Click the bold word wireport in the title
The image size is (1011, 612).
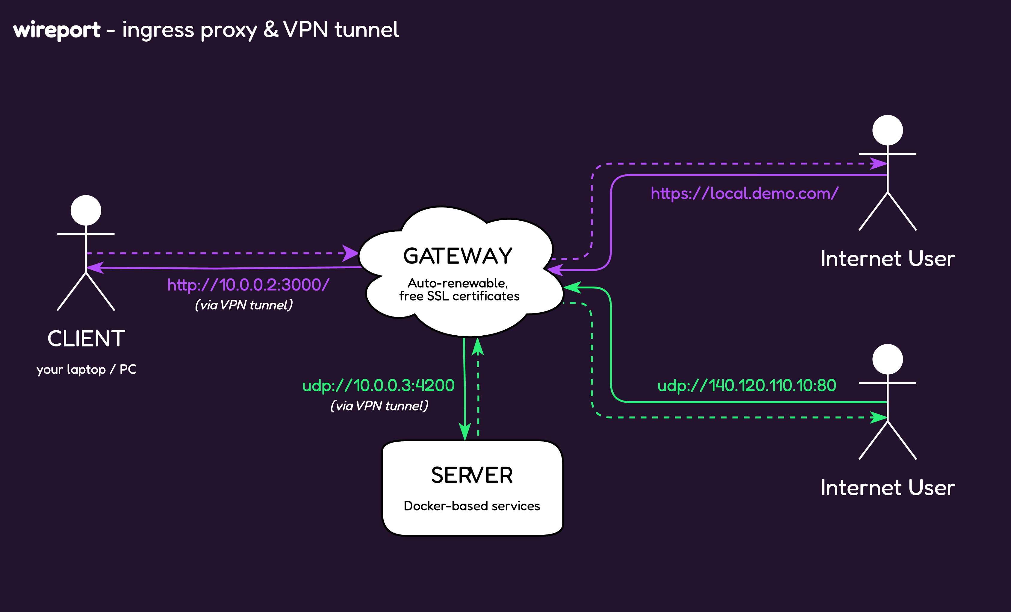pyautogui.click(x=57, y=30)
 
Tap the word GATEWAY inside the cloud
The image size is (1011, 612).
pyautogui.click(x=458, y=256)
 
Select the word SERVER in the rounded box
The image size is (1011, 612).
pyautogui.click(x=472, y=475)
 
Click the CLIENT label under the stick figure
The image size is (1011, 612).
pyautogui.click(x=86, y=339)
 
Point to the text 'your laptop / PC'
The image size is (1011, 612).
pyautogui.click(x=86, y=369)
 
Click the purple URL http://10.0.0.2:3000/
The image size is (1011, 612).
pyautogui.click(x=248, y=285)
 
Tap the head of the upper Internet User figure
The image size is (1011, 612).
pyautogui.click(x=888, y=130)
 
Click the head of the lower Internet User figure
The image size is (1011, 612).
pyautogui.click(x=888, y=359)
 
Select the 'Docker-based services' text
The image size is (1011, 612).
pyautogui.click(x=472, y=506)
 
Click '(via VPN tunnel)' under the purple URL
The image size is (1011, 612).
pyautogui.click(x=244, y=305)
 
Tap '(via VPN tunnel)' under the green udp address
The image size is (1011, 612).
pyautogui.click(x=379, y=406)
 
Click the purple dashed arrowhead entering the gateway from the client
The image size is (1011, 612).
pyautogui.click(x=350, y=253)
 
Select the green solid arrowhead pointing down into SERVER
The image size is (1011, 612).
pyautogui.click(x=464, y=432)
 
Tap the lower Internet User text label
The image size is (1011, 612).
pyautogui.click(x=888, y=488)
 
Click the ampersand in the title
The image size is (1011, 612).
pyautogui.click(x=271, y=30)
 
